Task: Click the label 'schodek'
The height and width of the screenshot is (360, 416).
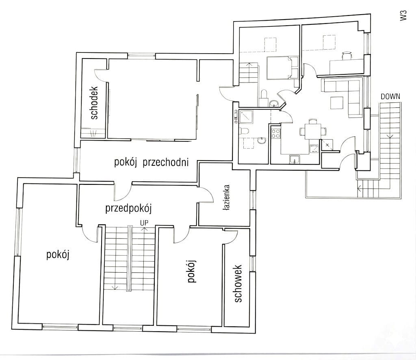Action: point(94,103)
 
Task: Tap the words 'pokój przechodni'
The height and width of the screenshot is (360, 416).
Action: point(151,162)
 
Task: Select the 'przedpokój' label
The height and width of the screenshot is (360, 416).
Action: point(128,208)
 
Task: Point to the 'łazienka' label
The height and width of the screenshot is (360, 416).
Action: point(226,198)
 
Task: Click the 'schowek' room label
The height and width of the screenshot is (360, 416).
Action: point(238,283)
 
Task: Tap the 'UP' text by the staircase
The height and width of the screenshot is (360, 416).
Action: point(144,223)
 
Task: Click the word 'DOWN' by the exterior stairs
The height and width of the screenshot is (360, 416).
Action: point(390,97)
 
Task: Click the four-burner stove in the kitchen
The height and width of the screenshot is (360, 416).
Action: point(276,133)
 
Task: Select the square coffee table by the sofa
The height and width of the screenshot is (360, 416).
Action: point(337,103)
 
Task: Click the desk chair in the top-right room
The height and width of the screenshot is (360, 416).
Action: point(347,56)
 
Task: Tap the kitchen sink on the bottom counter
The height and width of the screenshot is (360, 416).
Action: point(294,160)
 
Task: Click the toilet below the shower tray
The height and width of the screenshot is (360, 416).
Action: point(244,131)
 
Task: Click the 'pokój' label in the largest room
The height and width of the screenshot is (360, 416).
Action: point(58,255)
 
